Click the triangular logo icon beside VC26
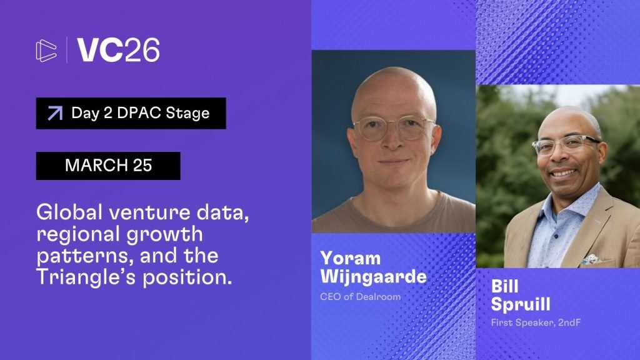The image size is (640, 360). (46, 51)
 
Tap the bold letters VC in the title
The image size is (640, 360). (100, 50)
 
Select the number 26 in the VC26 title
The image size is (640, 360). (142, 50)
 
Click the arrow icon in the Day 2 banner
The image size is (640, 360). (55, 113)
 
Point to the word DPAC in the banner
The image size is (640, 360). (139, 113)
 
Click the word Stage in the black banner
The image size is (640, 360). (187, 114)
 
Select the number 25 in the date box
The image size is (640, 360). (142, 165)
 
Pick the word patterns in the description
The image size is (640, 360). (85, 256)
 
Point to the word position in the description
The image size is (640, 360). (187, 277)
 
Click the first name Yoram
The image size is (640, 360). (351, 258)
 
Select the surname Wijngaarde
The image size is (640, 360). (374, 277)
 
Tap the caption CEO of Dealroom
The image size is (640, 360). (361, 297)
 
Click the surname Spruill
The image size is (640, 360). (521, 304)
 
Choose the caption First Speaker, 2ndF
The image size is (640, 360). (536, 322)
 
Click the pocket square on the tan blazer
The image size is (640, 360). (591, 259)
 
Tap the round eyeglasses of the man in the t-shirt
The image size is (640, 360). (394, 127)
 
